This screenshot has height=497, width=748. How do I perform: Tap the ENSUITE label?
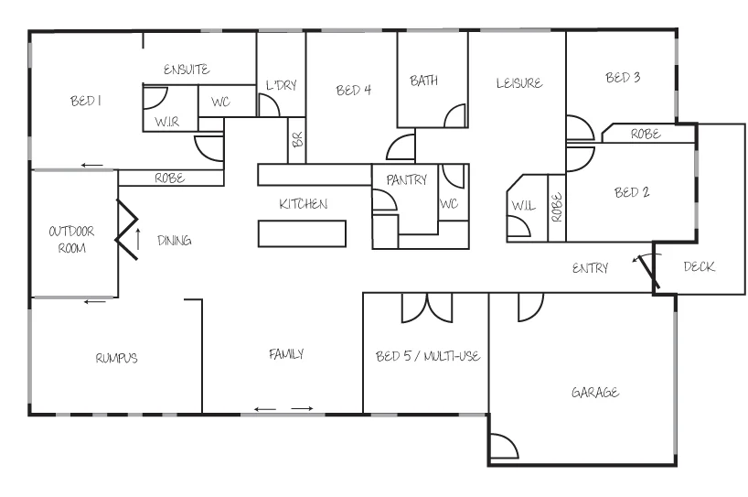(x=187, y=70)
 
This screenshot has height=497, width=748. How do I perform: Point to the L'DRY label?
(x=281, y=85)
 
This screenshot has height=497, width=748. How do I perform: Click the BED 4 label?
(x=354, y=90)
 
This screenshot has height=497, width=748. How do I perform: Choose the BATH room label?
(x=423, y=81)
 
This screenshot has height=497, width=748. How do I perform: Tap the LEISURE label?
(x=519, y=82)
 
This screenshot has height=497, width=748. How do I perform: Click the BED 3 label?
(x=622, y=78)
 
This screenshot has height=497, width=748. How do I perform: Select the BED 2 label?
(x=631, y=192)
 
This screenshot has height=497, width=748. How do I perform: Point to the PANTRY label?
(x=406, y=180)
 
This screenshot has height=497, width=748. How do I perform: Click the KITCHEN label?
(x=303, y=203)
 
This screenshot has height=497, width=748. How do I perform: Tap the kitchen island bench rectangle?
(x=303, y=234)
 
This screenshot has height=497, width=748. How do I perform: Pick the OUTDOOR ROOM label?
(x=71, y=240)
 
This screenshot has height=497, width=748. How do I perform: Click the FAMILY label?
(x=285, y=353)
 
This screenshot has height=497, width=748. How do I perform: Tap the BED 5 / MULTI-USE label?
(x=428, y=355)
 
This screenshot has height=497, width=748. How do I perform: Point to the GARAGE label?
(x=595, y=393)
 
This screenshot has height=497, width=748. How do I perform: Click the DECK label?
(x=699, y=267)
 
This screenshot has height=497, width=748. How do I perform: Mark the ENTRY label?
(x=590, y=268)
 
